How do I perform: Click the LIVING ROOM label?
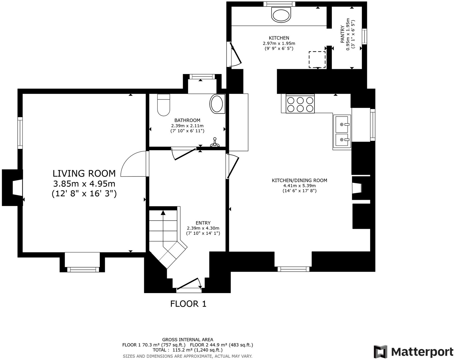tap(84, 173)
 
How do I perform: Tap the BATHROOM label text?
tap(187, 120)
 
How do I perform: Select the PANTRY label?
tap(342, 34)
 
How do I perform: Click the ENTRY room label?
tap(203, 223)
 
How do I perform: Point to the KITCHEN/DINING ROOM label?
tap(300, 180)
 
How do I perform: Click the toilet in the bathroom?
tap(164, 105)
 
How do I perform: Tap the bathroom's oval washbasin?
tap(217, 104)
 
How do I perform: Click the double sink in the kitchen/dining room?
tap(342, 132)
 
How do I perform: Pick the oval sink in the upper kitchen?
tap(282, 15)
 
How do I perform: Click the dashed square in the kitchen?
tap(317, 60)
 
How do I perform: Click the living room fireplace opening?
tap(18, 187)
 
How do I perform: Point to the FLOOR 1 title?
tap(188, 304)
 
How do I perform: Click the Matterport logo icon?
tap(381, 352)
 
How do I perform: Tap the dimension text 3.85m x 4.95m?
tap(84, 184)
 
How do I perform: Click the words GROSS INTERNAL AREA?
tap(187, 339)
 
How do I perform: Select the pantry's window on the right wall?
tap(365, 36)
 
